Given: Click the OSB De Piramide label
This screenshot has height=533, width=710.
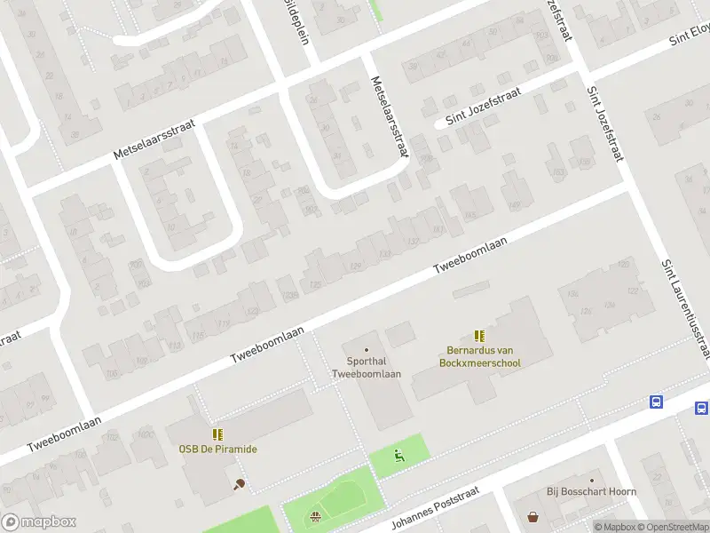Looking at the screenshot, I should point(217,449).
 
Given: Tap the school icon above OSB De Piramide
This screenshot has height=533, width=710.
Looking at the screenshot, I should point(217,434).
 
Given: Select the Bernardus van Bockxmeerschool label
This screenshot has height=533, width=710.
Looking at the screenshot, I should point(479,356).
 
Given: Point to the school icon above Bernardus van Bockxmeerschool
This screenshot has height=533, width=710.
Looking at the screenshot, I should point(479,336).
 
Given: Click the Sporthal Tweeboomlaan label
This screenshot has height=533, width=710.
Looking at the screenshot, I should point(367,368).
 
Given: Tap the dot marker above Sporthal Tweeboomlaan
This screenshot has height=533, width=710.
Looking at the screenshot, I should point(367,348).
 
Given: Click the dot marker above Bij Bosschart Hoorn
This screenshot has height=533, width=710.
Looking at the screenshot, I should point(592,480).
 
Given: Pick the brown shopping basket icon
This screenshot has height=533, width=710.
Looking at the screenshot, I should point(532,516).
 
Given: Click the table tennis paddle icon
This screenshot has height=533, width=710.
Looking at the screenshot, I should point(239,484).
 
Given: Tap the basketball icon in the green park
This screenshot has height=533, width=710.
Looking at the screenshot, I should point(314,516).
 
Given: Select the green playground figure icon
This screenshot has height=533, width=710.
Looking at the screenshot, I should point(399,457).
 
